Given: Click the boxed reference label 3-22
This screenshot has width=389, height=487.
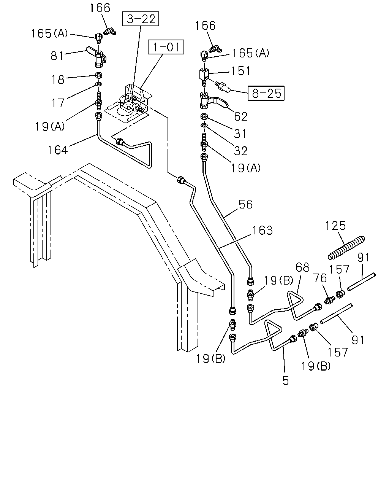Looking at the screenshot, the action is point(141,19).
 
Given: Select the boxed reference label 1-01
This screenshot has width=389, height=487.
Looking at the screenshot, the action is point(166,47).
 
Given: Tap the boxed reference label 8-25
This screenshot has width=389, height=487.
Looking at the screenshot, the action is point(266,93).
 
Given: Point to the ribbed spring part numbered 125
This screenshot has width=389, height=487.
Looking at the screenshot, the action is point(346,248).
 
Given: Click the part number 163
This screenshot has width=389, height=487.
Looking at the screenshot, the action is point(262,231).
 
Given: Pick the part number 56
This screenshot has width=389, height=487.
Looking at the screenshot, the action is point(245,204).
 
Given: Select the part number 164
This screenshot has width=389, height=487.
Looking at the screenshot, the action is point(58,150).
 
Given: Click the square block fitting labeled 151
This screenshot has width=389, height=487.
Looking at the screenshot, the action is point(204,74).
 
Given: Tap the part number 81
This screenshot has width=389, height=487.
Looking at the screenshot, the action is point(57,56).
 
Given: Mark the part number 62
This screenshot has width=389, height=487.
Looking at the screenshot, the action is point(241,116).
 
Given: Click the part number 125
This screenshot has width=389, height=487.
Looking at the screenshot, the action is point(335,226).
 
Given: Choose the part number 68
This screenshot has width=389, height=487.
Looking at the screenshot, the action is point(302,267).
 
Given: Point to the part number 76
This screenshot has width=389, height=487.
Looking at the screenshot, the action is point(320,278).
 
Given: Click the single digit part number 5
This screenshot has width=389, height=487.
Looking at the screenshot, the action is point(286,380).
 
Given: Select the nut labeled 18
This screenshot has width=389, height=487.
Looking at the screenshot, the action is point(99,75).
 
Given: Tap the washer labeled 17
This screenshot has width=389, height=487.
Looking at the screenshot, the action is point(99,84).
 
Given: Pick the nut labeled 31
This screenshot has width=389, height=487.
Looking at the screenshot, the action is point(204,116).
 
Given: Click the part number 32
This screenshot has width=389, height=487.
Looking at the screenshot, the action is point(241,151).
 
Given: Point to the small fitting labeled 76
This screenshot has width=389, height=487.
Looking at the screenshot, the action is point(330,300).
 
